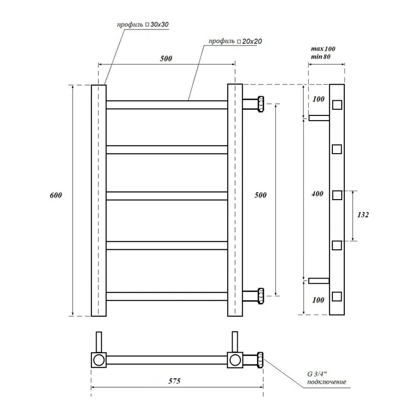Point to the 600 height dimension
click(56, 195)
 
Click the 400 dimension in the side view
click(317, 194)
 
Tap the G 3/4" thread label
click(317, 374)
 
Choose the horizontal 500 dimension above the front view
click(166, 58)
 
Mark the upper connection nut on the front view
click(260, 104)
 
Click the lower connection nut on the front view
click(260, 296)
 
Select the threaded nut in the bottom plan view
click(259, 359)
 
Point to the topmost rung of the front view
click(167, 105)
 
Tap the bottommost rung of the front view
click(167, 296)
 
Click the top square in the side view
click(337, 104)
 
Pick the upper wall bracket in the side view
click(319, 118)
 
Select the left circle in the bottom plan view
click(99, 359)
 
